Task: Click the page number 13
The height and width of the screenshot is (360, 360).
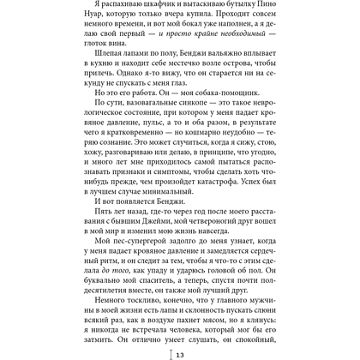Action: pyautogui.click(x=182, y=352)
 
